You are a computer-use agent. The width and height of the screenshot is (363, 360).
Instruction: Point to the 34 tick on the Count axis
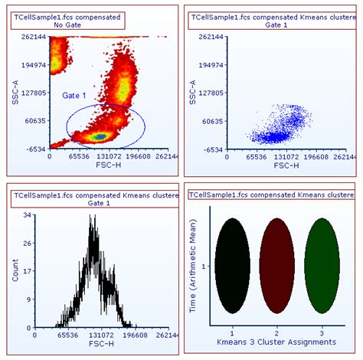coord(26,215)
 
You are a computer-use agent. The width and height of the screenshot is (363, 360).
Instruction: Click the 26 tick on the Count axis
coord(26,244)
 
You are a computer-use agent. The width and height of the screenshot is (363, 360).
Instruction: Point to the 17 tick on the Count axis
coord(27,271)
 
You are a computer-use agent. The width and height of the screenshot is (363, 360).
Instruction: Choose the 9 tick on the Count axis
coord(28,299)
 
